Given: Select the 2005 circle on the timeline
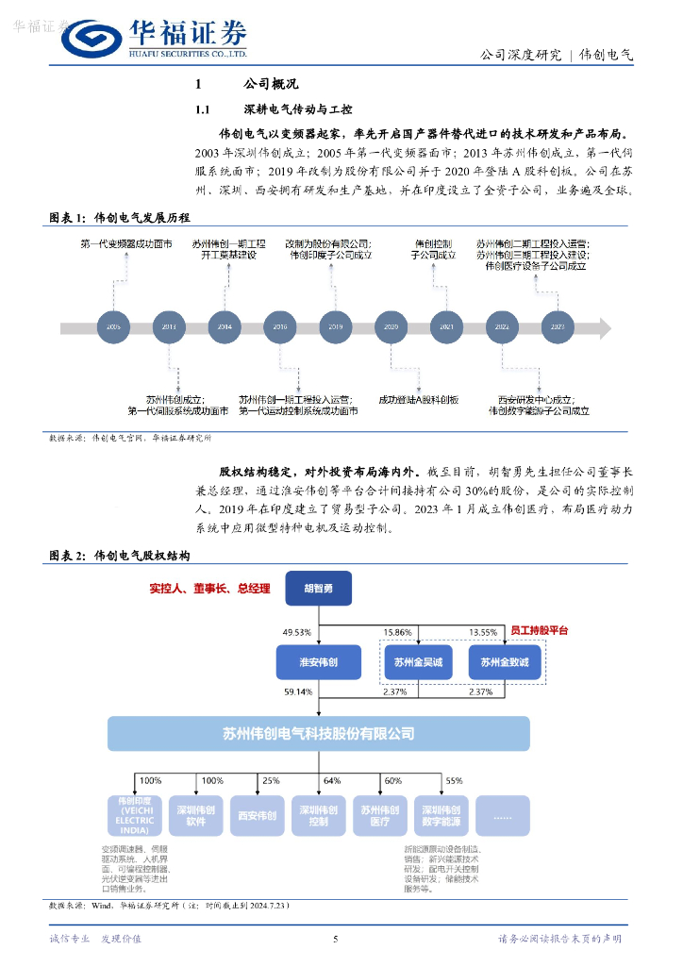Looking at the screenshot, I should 113,326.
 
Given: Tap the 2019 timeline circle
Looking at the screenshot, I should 335,326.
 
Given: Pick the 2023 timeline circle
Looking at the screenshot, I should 558,326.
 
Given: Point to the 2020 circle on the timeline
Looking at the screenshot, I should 391,326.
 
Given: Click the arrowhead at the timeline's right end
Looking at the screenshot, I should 604,327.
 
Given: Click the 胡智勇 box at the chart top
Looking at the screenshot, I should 318,588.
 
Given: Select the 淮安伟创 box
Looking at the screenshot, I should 318,662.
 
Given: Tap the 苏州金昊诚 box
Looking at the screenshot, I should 418,662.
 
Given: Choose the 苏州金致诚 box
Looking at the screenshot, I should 505,662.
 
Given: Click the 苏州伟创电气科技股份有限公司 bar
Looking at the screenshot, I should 318,733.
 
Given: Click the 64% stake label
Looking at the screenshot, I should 331,781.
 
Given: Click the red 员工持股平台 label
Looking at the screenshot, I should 539,629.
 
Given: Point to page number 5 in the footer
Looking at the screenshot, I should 336,939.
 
